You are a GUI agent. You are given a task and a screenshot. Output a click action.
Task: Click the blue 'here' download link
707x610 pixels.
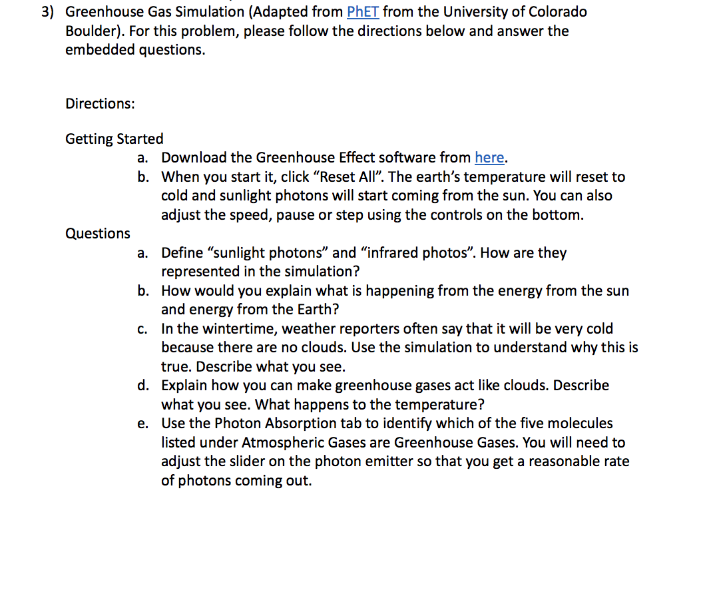click(489, 158)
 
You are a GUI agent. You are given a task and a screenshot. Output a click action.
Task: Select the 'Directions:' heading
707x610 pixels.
click(100, 104)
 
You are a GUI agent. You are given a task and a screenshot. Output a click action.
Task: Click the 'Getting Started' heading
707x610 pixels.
click(114, 139)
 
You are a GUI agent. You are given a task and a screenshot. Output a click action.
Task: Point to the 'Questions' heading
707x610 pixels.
click(98, 234)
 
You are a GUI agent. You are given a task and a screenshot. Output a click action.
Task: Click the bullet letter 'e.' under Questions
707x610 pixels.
click(143, 424)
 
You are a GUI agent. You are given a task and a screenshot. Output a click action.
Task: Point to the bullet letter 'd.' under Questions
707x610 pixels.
click(143, 386)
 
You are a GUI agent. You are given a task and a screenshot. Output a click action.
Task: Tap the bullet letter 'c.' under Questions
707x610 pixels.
click(143, 329)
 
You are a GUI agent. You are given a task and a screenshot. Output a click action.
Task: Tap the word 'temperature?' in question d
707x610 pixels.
click(439, 405)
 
